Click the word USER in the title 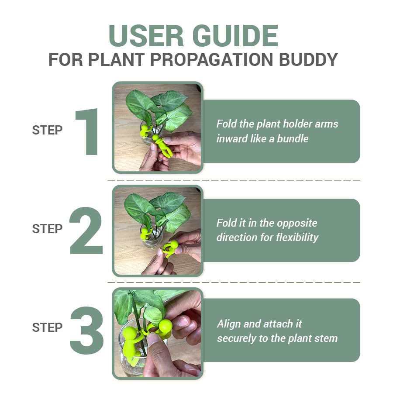coord(146,35)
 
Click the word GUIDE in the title coord(235,35)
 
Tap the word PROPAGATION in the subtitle coord(211,60)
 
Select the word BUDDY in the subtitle coord(308,60)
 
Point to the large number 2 coord(86,231)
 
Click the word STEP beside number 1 coord(47,130)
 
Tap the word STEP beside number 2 coord(47,229)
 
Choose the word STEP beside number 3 coord(47,327)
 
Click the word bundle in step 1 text coord(293,138)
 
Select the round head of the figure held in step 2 coord(173,245)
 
